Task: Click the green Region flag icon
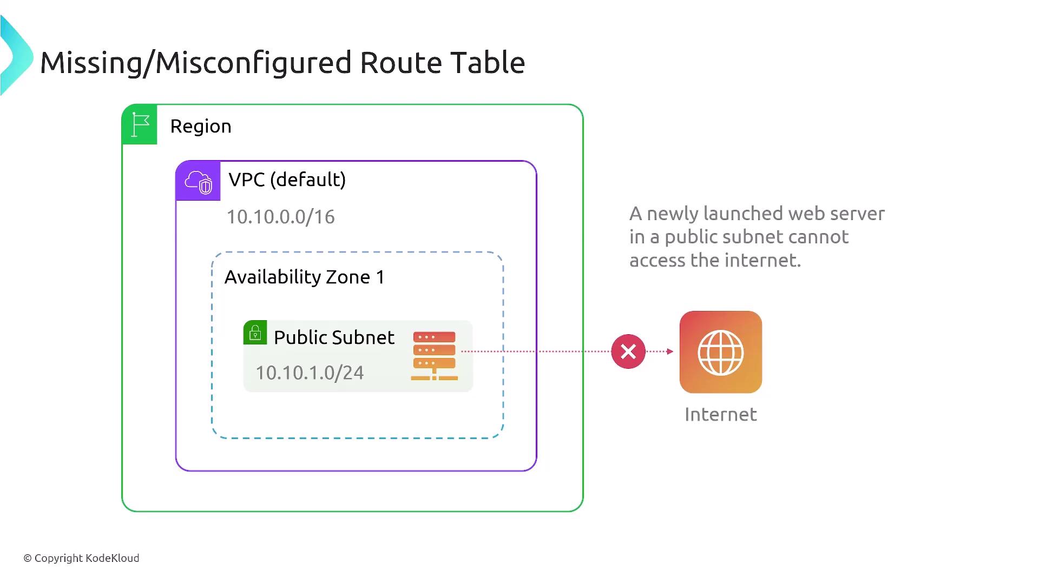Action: click(x=140, y=125)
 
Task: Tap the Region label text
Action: click(x=201, y=127)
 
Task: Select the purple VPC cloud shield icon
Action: click(x=198, y=181)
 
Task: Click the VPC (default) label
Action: click(x=287, y=180)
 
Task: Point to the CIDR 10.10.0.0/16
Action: click(x=280, y=217)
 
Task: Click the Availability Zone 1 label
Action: click(x=304, y=277)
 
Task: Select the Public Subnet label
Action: click(x=334, y=337)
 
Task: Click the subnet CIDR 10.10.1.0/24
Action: click(x=310, y=373)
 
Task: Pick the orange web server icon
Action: click(x=434, y=356)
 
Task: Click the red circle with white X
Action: click(x=628, y=352)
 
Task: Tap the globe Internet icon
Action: click(x=721, y=352)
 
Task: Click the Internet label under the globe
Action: click(x=721, y=415)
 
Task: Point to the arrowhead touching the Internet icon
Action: click(x=670, y=351)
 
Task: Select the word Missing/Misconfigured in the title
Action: click(x=195, y=63)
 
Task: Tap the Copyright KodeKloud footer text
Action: click(x=81, y=558)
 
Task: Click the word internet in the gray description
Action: click(x=762, y=261)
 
